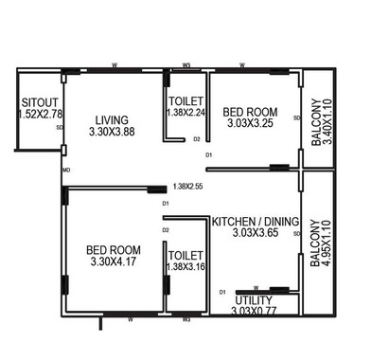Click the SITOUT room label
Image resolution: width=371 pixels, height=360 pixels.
click(38, 101)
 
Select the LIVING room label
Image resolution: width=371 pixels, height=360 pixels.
click(112, 119)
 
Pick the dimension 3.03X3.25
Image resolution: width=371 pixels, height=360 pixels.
click(249, 124)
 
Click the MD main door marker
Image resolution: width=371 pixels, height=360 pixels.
click(65, 171)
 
